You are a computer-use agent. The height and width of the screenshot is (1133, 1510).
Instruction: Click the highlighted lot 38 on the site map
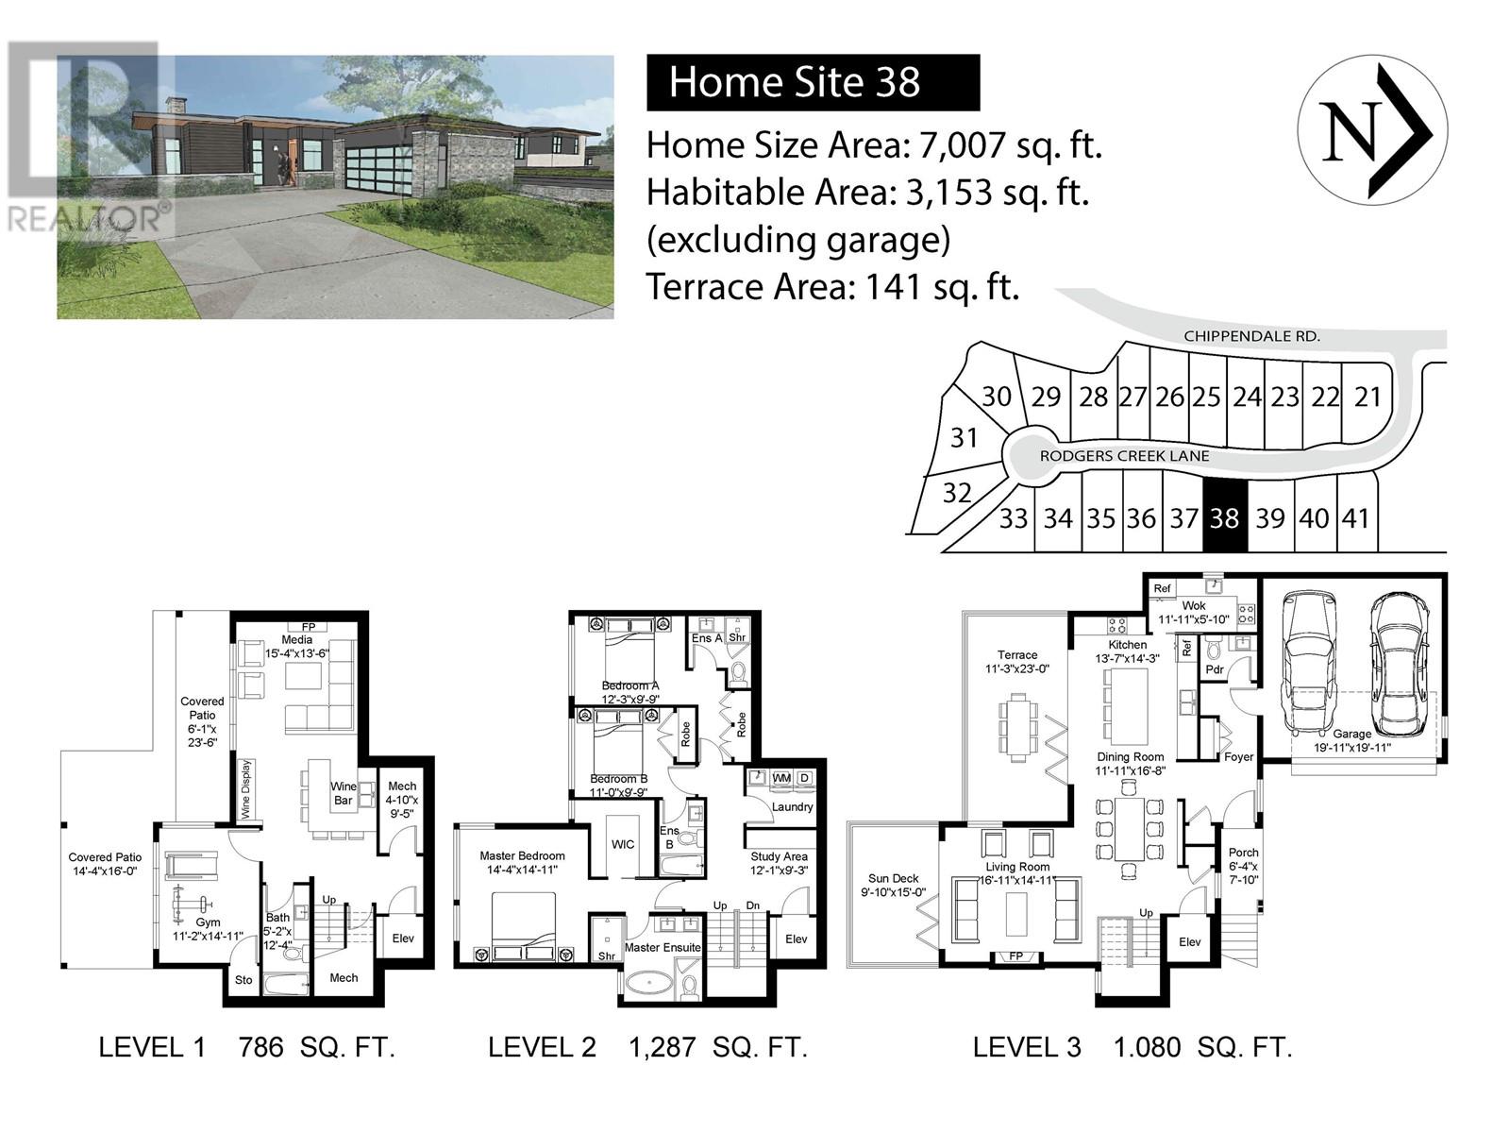click(1225, 517)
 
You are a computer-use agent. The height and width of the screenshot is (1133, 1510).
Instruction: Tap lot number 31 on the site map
click(964, 438)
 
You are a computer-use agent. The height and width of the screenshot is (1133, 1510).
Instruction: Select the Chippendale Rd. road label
click(1251, 336)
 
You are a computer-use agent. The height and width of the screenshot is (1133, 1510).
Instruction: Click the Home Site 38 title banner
click(813, 82)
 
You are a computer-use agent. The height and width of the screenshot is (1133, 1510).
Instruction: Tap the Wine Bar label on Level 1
click(343, 793)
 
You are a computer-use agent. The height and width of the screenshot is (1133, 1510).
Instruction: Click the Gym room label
click(208, 922)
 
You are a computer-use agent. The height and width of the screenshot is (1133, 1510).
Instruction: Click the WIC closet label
click(623, 844)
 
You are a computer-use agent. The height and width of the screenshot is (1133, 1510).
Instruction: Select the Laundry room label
click(792, 806)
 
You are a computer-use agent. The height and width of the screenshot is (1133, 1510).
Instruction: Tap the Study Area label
click(779, 857)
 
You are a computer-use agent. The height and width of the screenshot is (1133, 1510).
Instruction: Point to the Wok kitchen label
click(1194, 606)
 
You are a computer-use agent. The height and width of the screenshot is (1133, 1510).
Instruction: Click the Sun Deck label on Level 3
click(893, 879)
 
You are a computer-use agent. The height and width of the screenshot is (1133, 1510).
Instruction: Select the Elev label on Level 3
click(1189, 942)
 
